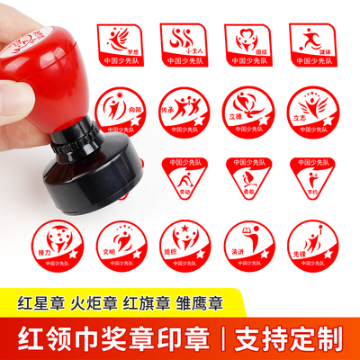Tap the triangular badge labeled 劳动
(x=184, y=177)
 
